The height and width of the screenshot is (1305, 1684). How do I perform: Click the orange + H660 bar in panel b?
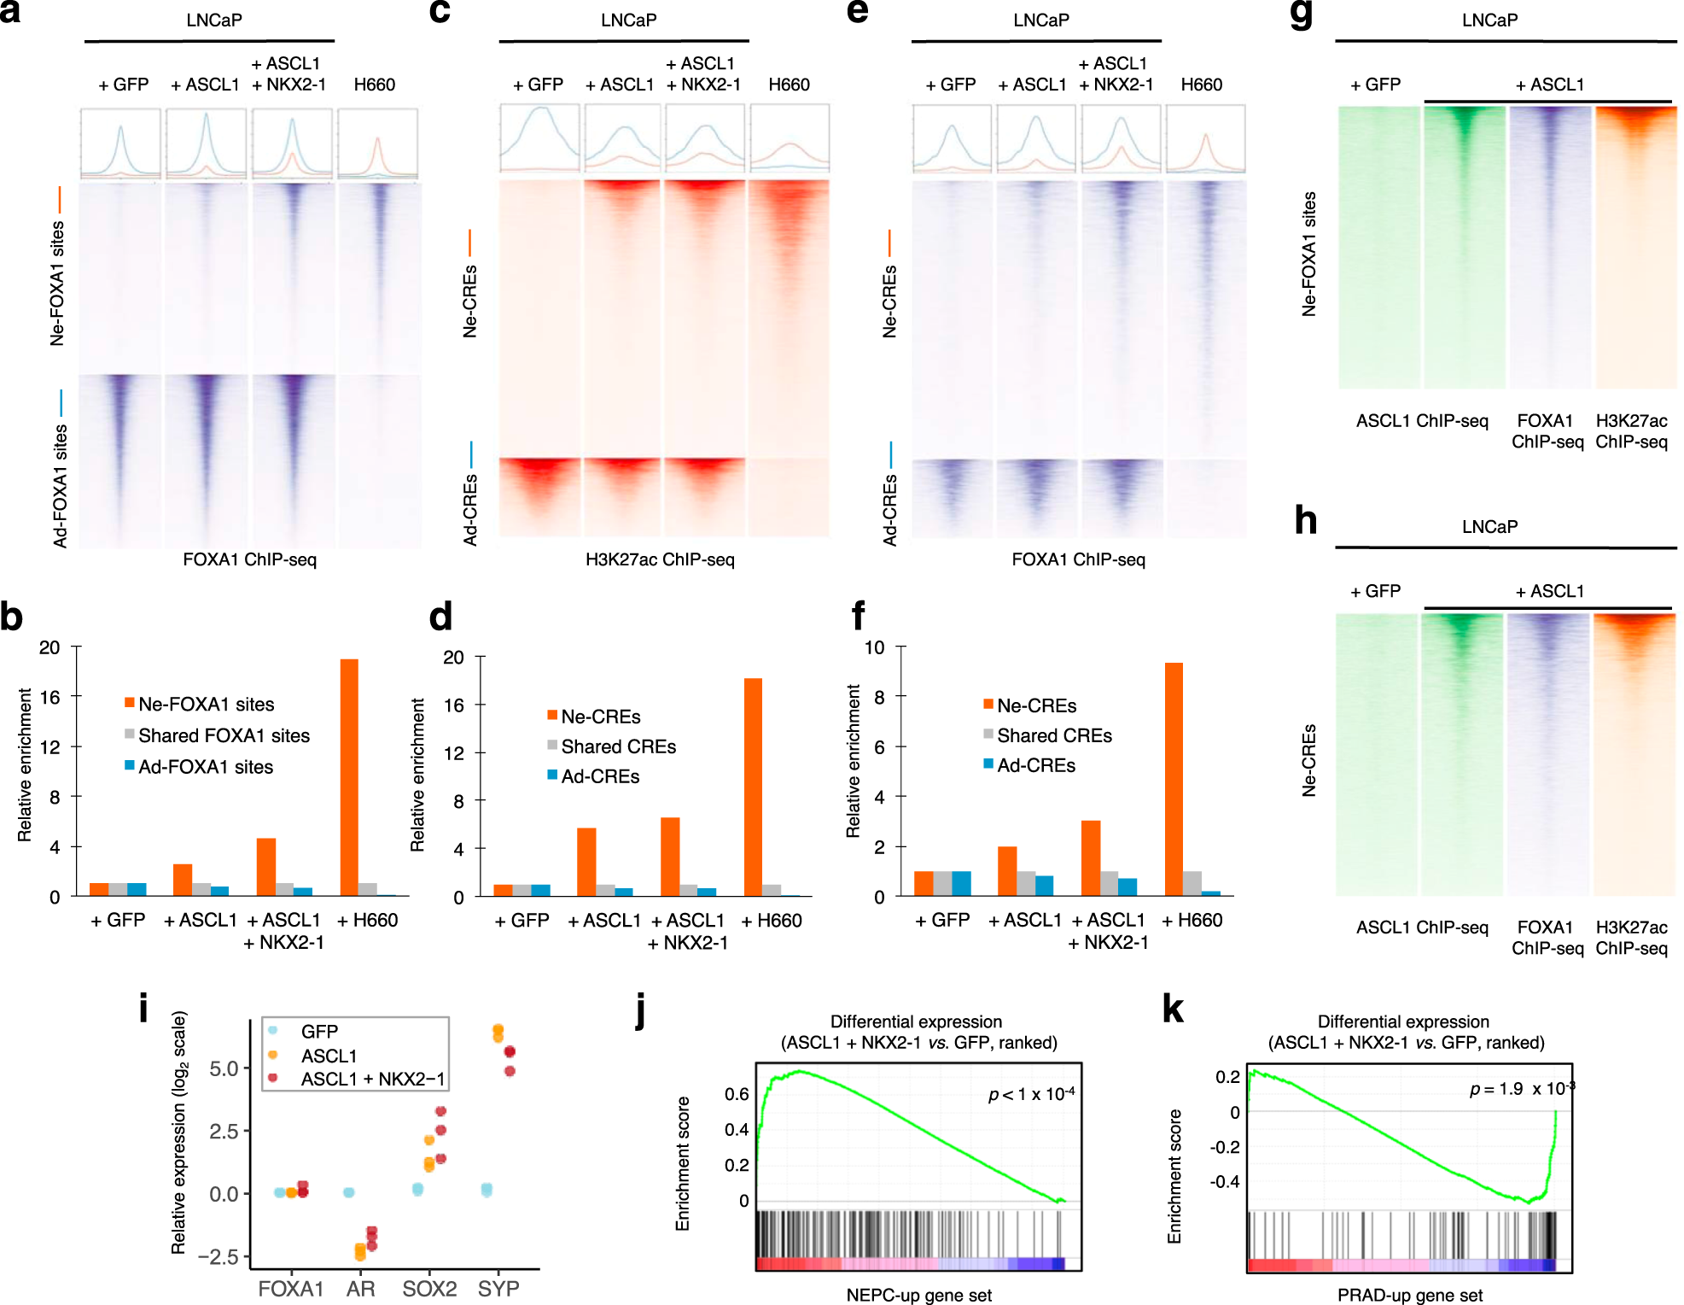click(x=348, y=777)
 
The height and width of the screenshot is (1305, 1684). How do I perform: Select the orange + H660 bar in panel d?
click(x=753, y=787)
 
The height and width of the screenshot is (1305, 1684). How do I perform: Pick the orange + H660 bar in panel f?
click(x=1174, y=779)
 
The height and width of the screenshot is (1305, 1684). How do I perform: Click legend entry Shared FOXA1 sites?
click(x=224, y=735)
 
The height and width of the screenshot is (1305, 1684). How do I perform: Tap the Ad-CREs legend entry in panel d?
click(x=599, y=776)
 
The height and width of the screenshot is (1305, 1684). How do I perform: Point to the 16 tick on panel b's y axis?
click(x=50, y=697)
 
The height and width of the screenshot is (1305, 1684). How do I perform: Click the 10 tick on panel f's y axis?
click(x=874, y=647)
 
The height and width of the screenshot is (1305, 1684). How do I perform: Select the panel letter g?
click(x=1302, y=15)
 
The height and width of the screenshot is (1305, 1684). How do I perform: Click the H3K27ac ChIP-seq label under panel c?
click(x=660, y=559)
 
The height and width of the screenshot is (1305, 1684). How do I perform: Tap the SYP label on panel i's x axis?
click(x=498, y=1288)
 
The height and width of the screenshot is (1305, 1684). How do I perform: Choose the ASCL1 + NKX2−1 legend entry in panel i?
click(x=372, y=1079)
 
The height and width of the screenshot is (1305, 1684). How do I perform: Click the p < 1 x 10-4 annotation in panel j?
click(x=1031, y=1094)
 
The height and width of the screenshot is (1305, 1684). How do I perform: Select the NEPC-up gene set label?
click(x=918, y=1295)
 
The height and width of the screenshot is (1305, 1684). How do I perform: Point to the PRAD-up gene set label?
click(x=1409, y=1295)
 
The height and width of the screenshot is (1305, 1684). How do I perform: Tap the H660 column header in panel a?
click(x=374, y=85)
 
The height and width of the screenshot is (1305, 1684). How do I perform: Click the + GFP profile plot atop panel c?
click(x=539, y=138)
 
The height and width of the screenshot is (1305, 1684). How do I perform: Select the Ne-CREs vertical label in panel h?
click(x=1308, y=760)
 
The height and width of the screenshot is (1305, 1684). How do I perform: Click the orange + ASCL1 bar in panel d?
click(x=586, y=861)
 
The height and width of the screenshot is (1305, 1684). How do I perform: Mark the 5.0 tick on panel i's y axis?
click(x=224, y=1068)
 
